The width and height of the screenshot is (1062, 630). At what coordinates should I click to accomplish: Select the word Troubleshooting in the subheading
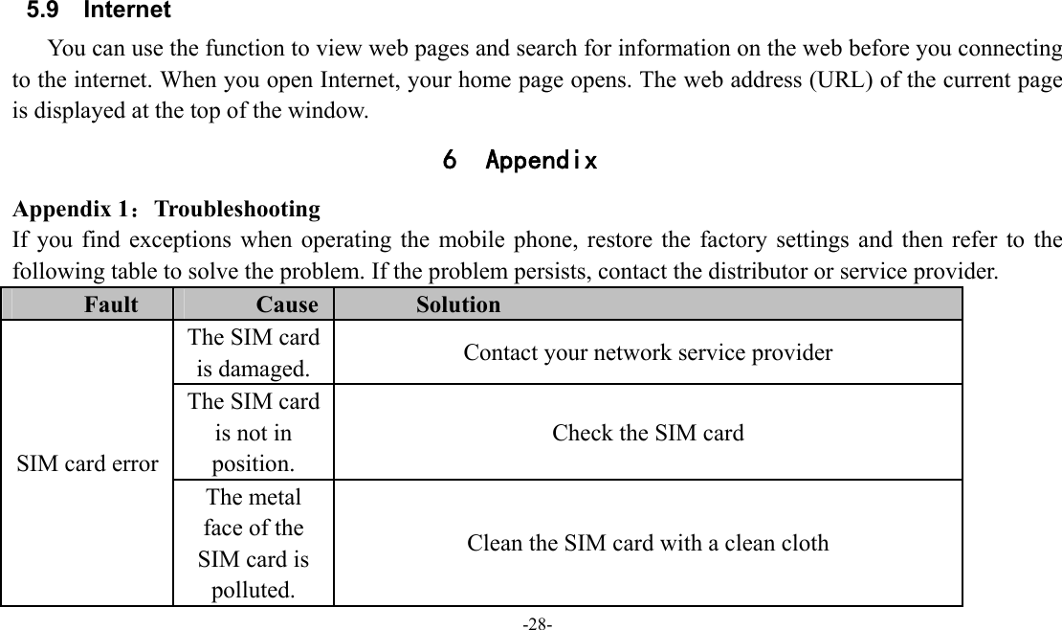coord(237,209)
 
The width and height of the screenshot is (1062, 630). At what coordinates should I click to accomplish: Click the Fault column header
coord(110,305)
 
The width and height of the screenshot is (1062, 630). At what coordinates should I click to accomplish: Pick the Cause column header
coord(287,305)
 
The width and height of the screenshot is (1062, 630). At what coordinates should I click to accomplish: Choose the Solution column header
coord(458,305)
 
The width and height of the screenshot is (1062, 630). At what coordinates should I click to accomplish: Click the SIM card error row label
coord(88,463)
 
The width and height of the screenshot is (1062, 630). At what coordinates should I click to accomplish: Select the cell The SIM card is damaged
coord(254,352)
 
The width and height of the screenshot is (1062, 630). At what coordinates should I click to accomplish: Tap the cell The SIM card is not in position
coord(254,433)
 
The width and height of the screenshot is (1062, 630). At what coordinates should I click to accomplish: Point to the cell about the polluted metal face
coord(254,543)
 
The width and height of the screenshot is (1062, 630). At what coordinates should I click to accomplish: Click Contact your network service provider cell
coord(648,352)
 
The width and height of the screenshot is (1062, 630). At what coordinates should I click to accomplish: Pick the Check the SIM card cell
coord(648,433)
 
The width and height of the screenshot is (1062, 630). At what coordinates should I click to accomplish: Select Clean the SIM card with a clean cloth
coord(648,543)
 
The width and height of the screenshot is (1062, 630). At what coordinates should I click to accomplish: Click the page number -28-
coord(536,623)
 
